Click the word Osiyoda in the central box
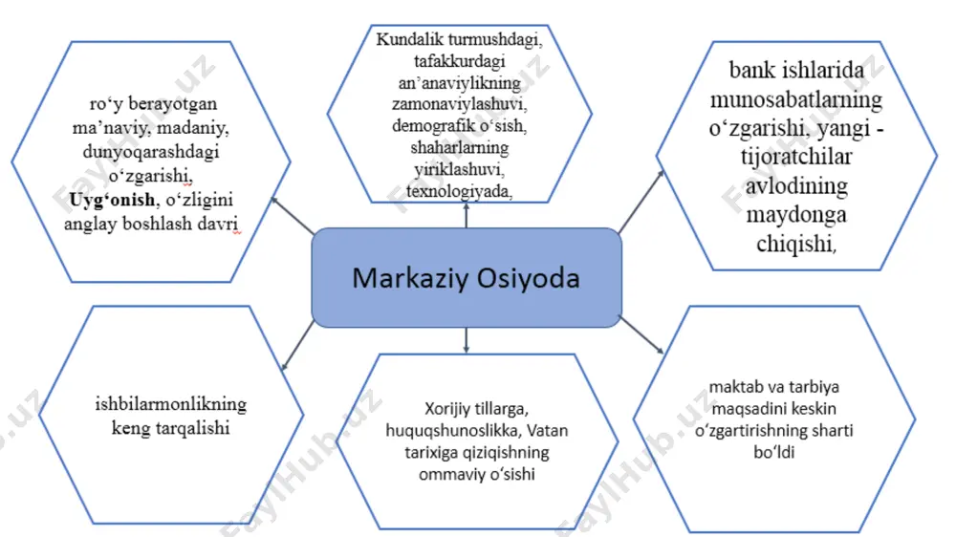(528, 278)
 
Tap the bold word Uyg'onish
(112, 200)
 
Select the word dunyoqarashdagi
(151, 151)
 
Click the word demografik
(426, 125)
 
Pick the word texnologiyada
(459, 191)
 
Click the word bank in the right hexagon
(750, 70)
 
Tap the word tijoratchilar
(796, 157)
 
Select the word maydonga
(796, 215)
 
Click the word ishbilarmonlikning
(171, 404)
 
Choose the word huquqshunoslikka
(453, 430)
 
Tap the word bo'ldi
(774, 452)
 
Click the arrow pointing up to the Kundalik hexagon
(467, 216)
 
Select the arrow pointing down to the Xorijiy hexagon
(467, 340)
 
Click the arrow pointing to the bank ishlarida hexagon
(641, 202)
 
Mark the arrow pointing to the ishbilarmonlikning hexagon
(297, 346)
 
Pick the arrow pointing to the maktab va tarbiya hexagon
(641, 334)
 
